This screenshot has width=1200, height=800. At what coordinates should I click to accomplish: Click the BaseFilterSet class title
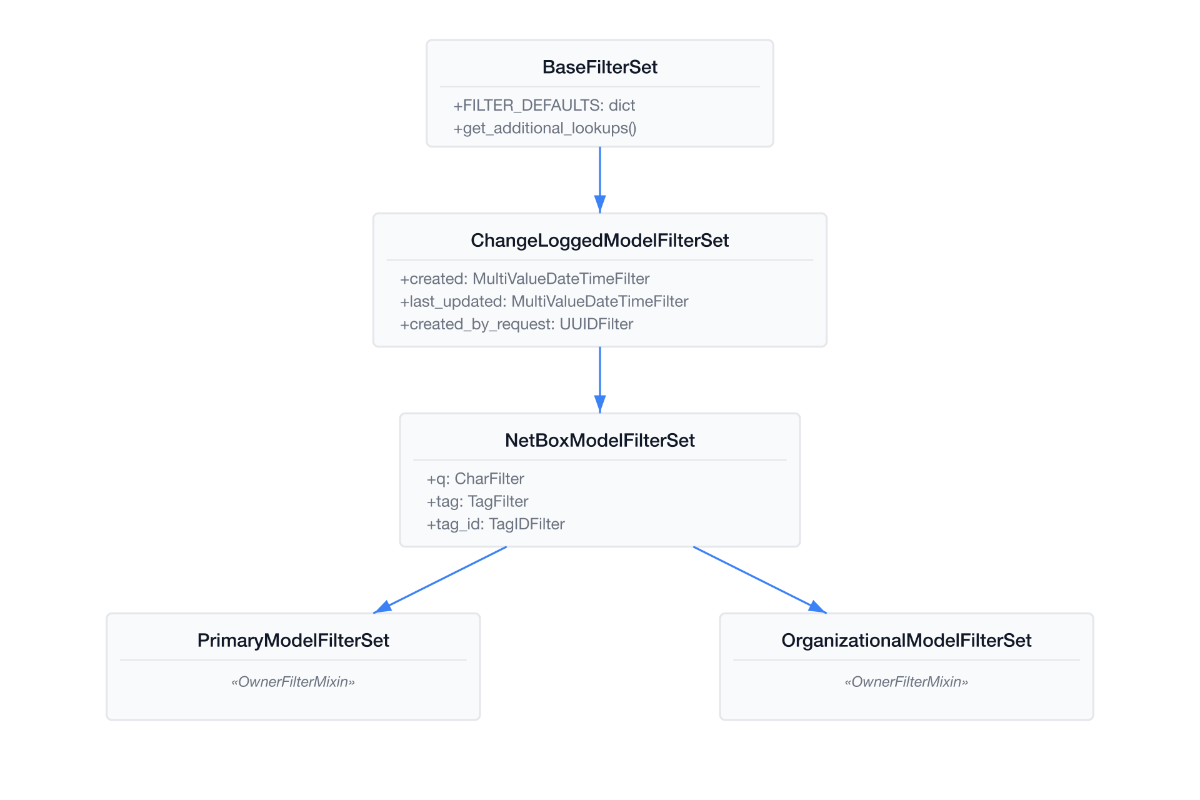point(600,67)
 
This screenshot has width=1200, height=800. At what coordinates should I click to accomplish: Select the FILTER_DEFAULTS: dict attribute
point(544,105)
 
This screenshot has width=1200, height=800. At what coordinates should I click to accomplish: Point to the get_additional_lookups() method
point(545,128)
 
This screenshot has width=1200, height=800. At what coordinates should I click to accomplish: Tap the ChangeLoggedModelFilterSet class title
point(600,241)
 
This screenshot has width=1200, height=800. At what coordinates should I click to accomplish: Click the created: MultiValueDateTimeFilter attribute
point(525,279)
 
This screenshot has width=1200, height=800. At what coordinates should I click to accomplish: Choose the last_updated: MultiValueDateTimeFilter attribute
point(544,301)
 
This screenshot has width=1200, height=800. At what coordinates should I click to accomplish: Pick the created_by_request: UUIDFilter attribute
point(517,324)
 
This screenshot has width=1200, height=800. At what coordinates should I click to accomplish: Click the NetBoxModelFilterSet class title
point(600,441)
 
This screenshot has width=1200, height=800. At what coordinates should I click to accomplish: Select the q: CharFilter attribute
point(476,479)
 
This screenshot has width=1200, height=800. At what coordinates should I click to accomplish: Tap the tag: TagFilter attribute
point(477,501)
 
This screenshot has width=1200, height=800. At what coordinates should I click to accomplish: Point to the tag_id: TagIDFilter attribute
point(496,524)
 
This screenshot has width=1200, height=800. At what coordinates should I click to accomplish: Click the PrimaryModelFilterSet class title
point(293,641)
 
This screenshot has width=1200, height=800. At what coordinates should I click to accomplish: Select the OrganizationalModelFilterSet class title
point(906,641)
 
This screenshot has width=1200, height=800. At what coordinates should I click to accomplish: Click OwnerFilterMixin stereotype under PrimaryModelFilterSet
point(293,682)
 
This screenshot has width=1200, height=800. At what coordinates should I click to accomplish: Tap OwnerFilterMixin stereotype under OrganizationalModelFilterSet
point(906,682)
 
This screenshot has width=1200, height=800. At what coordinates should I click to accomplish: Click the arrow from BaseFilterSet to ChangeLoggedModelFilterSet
point(600,180)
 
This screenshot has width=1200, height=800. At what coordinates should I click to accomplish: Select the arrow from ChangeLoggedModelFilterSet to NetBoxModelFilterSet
point(600,380)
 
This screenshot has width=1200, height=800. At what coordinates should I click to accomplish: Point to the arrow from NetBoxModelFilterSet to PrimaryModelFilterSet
point(440,580)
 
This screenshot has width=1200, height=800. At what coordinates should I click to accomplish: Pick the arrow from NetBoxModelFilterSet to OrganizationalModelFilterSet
point(760,580)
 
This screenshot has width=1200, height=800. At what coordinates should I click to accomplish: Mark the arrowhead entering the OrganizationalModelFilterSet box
point(818,607)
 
